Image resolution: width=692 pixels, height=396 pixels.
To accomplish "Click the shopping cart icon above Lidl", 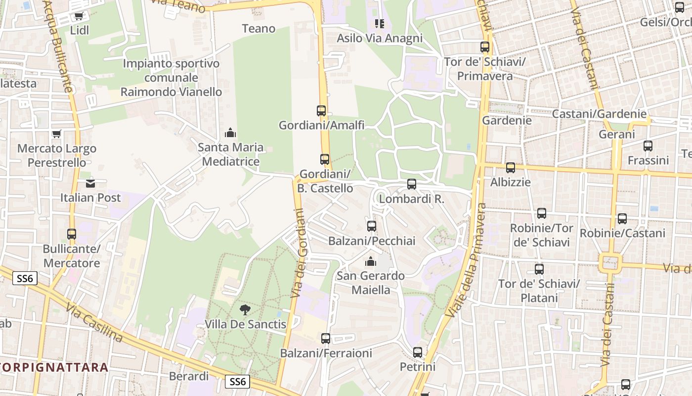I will click(79, 16).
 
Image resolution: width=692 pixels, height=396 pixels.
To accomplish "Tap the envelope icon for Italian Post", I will click(90, 184).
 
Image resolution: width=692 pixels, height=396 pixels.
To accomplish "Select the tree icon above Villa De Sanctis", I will click(245, 310).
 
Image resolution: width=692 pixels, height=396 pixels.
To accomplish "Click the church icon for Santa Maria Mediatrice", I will click(230, 133).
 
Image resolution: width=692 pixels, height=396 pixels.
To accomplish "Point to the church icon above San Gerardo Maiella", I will click(370, 261).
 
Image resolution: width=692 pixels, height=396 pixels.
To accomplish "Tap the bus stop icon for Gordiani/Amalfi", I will click(321, 111).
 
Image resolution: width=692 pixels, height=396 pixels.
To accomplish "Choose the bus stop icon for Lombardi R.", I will click(411, 185).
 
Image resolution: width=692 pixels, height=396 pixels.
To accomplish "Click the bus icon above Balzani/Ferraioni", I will click(325, 339).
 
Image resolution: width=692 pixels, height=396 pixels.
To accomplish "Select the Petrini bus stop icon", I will click(418, 352).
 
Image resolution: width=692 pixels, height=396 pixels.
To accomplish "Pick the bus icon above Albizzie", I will click(510, 168).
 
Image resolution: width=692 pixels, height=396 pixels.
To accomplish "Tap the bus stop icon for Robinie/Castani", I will click(622, 219).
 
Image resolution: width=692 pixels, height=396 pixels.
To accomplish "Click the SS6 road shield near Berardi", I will click(238, 382).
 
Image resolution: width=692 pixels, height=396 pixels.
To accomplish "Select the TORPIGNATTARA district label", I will click(54, 367).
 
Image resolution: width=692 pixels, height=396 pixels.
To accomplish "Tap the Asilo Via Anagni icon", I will click(379, 24).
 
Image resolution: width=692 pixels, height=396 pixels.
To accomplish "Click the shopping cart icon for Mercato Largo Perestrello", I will click(56, 134).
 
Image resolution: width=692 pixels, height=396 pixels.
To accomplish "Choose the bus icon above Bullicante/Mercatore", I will click(72, 234).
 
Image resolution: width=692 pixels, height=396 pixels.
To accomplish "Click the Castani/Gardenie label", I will click(599, 114).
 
